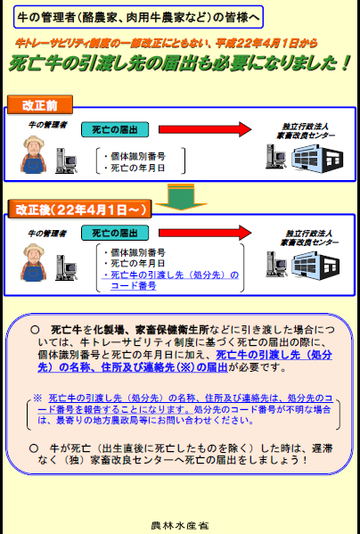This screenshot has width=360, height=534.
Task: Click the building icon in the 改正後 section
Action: tap(308, 262)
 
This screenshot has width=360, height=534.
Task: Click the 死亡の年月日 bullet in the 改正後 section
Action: tap(134, 264)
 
